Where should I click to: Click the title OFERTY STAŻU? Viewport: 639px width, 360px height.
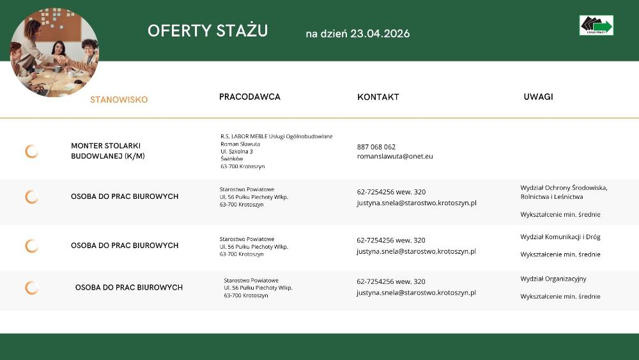208,31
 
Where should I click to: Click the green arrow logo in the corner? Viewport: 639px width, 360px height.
596,26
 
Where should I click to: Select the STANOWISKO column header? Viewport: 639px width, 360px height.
119,100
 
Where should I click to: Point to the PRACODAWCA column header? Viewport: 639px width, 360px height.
250,97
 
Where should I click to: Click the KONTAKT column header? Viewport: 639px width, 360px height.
378,97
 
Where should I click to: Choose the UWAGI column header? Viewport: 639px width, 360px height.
538,97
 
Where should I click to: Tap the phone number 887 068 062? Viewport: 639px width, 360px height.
376,147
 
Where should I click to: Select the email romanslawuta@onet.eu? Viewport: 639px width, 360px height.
395,156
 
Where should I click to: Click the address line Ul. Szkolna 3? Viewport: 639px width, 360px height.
236,152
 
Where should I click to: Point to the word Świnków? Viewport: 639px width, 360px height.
232,159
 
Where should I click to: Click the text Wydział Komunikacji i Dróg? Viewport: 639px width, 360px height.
560,237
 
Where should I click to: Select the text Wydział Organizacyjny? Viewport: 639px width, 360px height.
553,279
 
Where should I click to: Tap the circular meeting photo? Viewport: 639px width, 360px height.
54,52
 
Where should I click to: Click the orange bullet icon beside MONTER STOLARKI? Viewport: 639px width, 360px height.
31,152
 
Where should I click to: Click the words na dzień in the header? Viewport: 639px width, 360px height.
326,33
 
